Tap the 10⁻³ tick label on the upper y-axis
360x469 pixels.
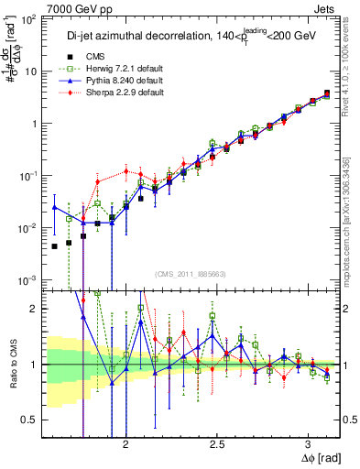[x=27, y=279]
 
